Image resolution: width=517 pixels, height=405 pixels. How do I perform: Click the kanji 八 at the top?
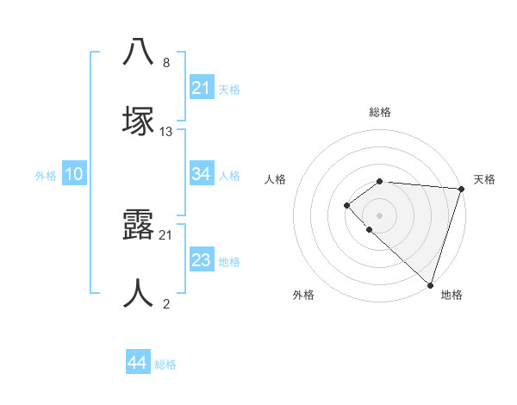[x=138, y=52]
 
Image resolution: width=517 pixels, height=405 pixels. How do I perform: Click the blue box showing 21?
[x=202, y=88]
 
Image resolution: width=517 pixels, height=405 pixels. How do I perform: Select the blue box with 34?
[x=202, y=174]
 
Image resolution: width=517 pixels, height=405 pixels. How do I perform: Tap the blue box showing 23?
[x=202, y=260]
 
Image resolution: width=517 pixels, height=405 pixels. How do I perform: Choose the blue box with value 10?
[x=73, y=174]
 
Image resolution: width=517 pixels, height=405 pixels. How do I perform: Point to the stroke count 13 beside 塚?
[x=167, y=132]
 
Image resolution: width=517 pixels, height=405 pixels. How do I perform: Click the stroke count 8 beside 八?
[x=166, y=63]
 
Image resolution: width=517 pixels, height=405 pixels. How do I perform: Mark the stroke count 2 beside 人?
[x=166, y=303]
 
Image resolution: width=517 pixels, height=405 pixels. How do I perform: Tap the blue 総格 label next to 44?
[x=166, y=364]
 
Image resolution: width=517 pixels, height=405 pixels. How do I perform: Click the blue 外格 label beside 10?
[x=46, y=176]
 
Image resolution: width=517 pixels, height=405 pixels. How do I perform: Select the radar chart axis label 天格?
[x=485, y=179]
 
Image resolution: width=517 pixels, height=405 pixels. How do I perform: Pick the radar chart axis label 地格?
[x=452, y=295]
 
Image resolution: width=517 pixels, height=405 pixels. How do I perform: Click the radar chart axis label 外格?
[x=303, y=295]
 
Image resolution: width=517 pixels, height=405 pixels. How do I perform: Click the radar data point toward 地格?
[x=430, y=284]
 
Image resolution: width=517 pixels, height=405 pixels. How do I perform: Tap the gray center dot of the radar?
[x=380, y=215]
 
